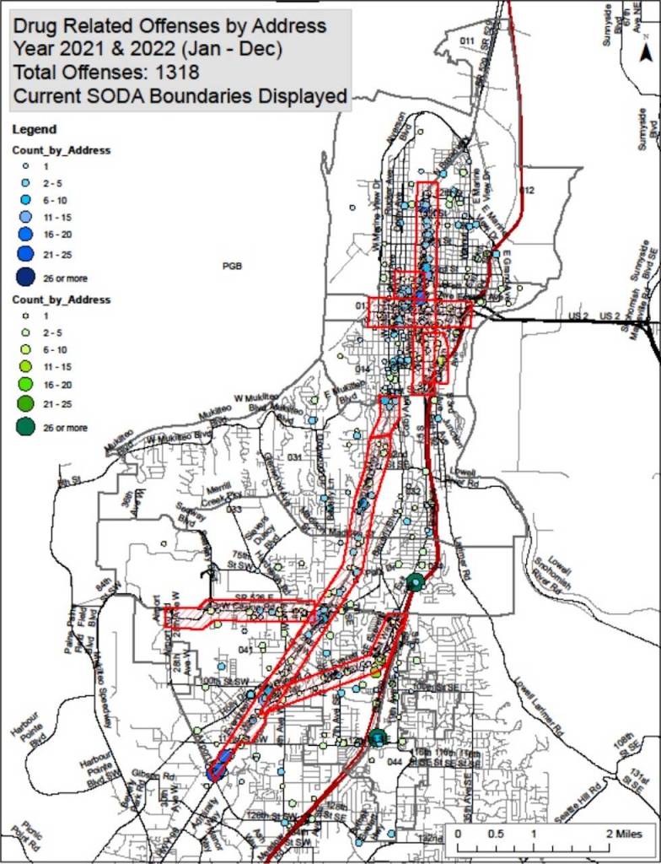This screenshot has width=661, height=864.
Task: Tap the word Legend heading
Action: (x=34, y=129)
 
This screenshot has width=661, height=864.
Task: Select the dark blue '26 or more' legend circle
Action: (x=25, y=278)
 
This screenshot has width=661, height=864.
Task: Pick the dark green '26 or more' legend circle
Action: (x=25, y=428)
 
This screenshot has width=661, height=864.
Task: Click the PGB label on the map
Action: (x=232, y=266)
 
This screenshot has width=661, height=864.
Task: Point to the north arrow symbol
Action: (x=645, y=52)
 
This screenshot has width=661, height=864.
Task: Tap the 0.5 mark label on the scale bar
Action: (x=495, y=833)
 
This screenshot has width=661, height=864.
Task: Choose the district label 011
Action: (x=467, y=41)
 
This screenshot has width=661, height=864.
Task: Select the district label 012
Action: (x=528, y=190)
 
